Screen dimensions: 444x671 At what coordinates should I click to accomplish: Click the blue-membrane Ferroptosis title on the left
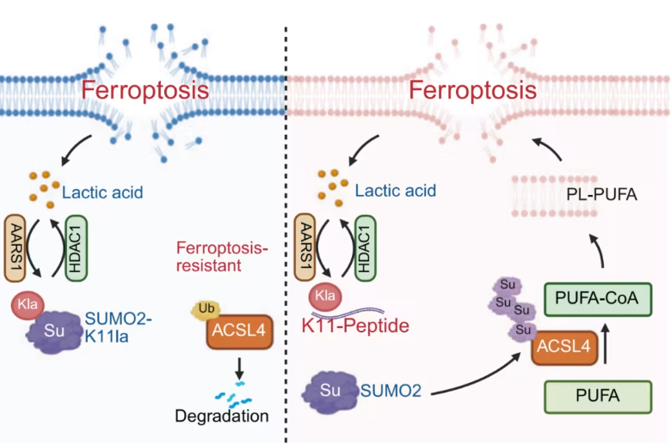coord(143,90)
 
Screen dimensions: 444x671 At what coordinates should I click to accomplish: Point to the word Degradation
coord(221,417)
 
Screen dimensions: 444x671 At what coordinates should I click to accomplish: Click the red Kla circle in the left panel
coord(26,304)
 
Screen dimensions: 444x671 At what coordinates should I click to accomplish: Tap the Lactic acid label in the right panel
coord(397,190)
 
